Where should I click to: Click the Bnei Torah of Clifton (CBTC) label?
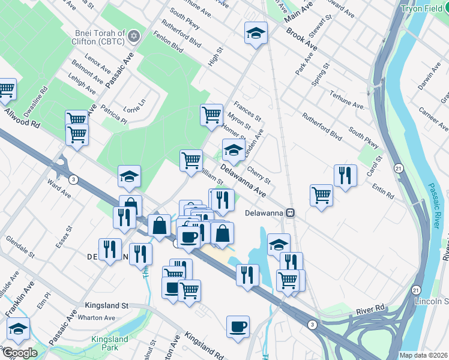pos(100,37)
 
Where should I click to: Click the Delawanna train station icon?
pos(290,212)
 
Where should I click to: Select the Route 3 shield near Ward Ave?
pos(72,179)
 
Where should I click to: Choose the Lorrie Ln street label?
pos(134,106)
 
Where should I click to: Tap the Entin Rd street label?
pos(382,191)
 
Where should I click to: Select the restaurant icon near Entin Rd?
pos(345,175)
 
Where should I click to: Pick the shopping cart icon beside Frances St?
pos(211,114)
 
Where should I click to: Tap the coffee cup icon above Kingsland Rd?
pos(238,326)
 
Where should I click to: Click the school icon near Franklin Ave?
pos(19,328)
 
